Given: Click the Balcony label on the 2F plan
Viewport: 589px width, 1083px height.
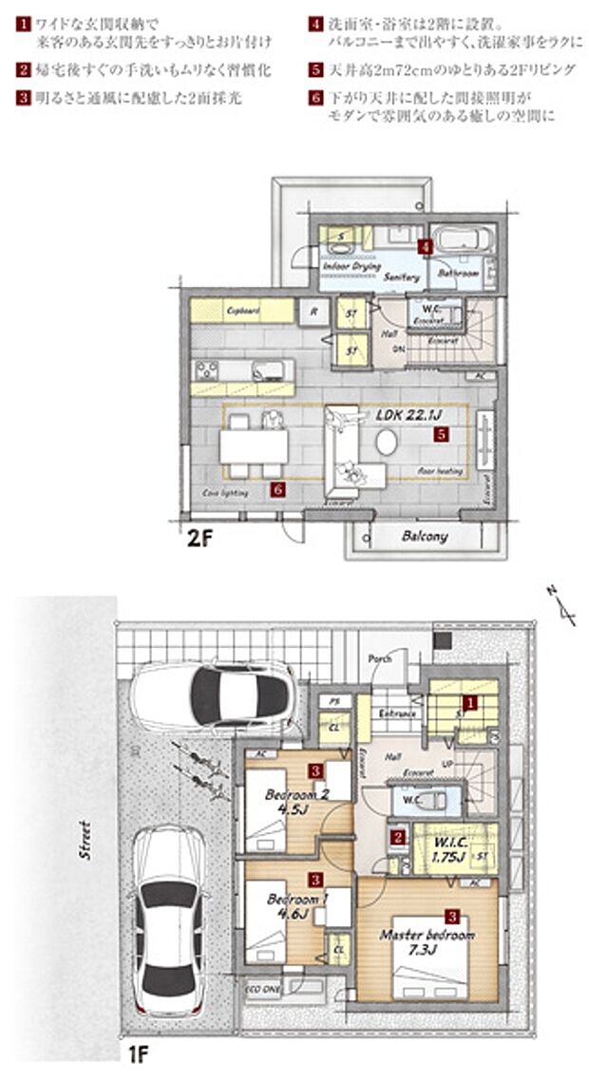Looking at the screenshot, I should point(424,537).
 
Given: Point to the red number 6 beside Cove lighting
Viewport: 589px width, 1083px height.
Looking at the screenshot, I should point(276,490).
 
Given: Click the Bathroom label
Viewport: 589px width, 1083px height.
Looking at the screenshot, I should point(458,273).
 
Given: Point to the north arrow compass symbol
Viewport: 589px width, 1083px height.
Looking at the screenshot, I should point(564,606).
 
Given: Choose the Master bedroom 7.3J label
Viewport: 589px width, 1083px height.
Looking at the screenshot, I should point(427,941).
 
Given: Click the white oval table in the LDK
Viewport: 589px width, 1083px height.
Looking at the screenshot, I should point(387,443).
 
